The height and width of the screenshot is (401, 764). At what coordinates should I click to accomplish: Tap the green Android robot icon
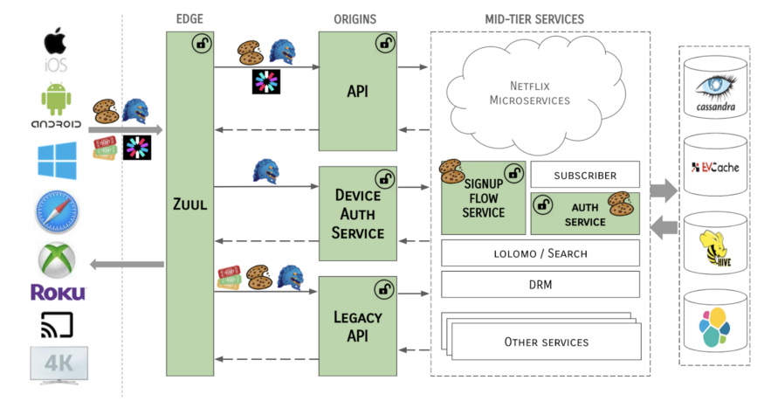pos(57,100)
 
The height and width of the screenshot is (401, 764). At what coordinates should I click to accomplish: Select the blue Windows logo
pos(57,160)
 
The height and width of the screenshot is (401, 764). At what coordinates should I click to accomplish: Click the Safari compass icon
pos(57,212)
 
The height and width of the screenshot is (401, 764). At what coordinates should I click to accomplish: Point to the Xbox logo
pos(57,260)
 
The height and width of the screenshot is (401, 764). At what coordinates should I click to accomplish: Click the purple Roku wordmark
pos(58,293)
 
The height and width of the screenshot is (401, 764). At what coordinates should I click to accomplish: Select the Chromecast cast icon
pos(57,324)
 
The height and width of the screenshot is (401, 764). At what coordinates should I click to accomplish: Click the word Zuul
pos(190,204)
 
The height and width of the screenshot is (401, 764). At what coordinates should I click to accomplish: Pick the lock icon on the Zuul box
pos(202,44)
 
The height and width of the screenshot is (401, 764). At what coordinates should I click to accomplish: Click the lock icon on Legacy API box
pos(384,289)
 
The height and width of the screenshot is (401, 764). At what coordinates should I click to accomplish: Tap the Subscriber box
pos(585,175)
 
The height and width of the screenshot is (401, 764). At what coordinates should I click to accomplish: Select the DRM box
pos(540,284)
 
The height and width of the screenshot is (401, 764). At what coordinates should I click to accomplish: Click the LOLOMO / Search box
pos(540,252)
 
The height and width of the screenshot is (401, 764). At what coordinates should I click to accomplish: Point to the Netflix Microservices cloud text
pos(530,93)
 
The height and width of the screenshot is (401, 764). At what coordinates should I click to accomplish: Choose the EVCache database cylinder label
pos(715,168)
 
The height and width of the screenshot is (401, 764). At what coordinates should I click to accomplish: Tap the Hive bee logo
pos(715,248)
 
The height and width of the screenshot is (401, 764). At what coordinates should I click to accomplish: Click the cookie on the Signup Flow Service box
pos(451,171)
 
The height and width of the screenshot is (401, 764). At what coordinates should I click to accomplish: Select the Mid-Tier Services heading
pos(534,19)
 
